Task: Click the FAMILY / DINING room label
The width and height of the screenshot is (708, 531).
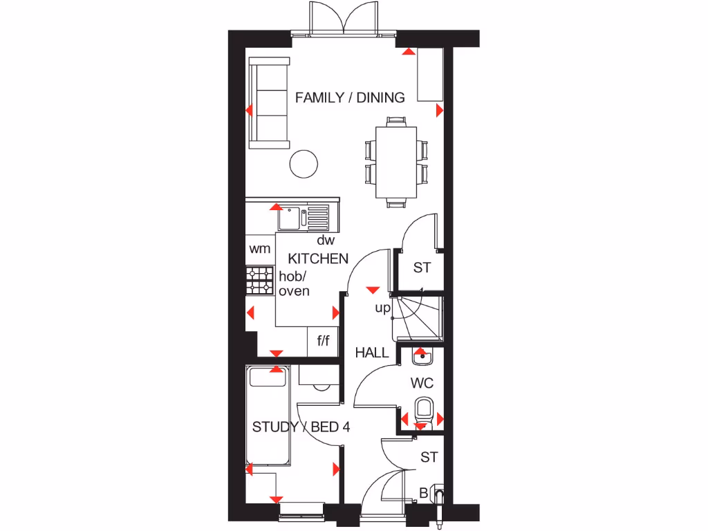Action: click(350, 97)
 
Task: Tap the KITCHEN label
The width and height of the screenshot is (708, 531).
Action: click(318, 259)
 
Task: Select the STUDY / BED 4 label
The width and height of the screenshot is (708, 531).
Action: click(301, 427)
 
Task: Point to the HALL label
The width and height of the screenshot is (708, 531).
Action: click(372, 353)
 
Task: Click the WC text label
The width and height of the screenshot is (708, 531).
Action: click(422, 382)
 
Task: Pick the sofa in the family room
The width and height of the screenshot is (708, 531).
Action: click(270, 103)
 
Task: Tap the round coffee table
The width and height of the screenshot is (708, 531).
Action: click(304, 163)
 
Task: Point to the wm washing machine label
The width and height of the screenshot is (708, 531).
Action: click(260, 248)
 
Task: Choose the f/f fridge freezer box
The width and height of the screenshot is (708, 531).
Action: click(324, 341)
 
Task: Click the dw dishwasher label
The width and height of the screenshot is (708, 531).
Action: click(326, 241)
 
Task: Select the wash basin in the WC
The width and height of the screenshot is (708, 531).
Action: click(422, 357)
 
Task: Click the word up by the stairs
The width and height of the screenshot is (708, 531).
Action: click(383, 308)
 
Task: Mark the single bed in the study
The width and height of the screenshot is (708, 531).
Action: click(270, 417)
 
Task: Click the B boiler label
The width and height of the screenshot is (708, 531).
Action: click(424, 493)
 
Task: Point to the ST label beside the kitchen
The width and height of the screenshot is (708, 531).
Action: click(422, 268)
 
